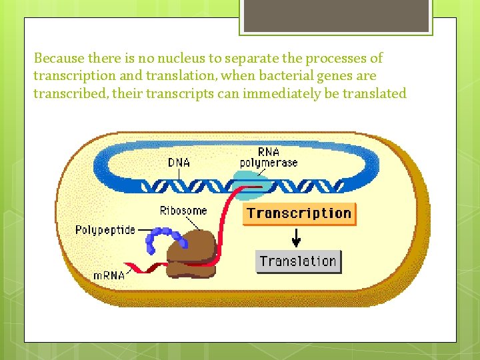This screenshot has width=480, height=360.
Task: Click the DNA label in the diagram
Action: pos(179,162)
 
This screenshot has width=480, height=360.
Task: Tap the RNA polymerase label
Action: pos(269,157)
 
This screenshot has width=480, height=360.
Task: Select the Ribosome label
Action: pos(183,211)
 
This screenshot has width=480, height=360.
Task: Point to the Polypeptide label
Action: pos(105,230)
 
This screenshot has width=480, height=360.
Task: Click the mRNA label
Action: pos(109,275)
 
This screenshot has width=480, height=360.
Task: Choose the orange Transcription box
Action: pos(299,214)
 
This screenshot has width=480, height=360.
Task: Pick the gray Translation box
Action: pos(298,261)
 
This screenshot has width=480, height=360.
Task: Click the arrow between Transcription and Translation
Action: pos(297,237)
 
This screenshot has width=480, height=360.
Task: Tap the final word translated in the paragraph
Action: pos(374,93)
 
